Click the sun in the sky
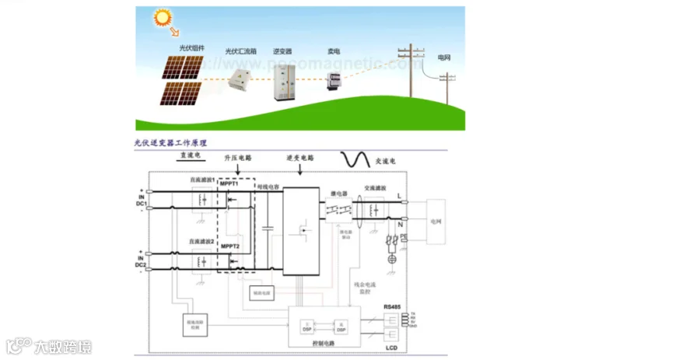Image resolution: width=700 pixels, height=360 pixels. pyautogui.click(x=163, y=18)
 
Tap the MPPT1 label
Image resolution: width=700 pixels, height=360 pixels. pyautogui.click(x=230, y=184)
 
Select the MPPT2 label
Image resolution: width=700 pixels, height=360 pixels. pyautogui.click(x=230, y=246)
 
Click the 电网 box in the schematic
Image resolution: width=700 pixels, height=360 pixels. pyautogui.click(x=436, y=221)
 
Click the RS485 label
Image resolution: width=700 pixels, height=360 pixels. pyautogui.click(x=393, y=307)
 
